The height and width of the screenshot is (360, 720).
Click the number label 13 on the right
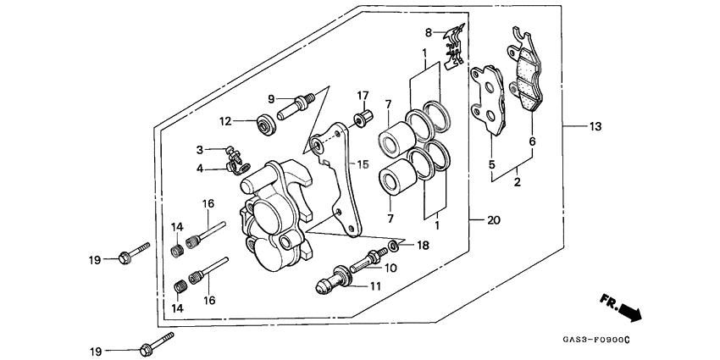[x=595, y=127]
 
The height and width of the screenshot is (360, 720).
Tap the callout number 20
[x=492, y=220]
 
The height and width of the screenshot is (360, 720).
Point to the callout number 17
[x=362, y=95]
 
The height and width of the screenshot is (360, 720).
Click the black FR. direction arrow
[x=629, y=312]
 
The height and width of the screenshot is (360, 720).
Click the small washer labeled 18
[x=394, y=246]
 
